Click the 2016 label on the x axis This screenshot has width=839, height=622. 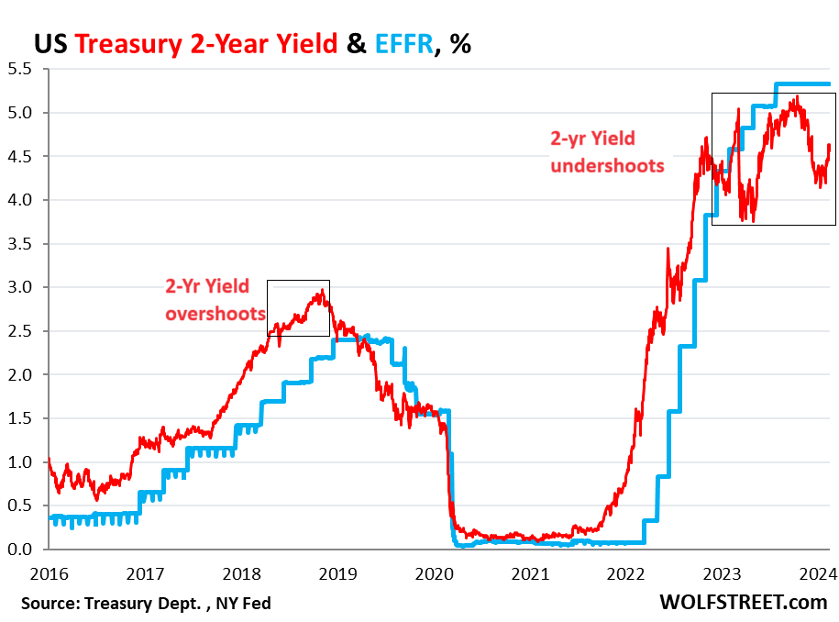click(47, 574)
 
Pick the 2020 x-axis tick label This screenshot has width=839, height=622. click(434, 574)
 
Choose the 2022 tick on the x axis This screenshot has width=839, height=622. click(626, 574)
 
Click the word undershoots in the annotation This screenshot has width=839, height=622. click(606, 166)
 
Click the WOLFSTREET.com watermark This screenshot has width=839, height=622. click(743, 603)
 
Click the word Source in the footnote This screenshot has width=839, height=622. click(49, 603)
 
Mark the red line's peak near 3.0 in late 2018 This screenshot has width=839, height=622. click(321, 292)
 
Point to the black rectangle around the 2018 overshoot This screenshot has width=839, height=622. click(298, 281)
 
